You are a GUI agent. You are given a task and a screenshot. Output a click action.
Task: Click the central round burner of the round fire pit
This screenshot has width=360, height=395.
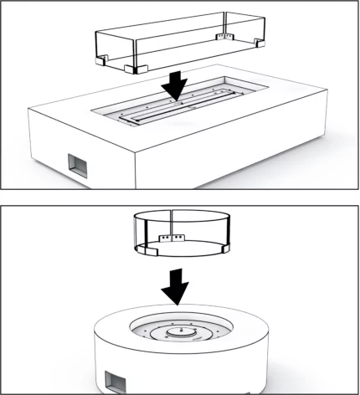(x=179, y=334)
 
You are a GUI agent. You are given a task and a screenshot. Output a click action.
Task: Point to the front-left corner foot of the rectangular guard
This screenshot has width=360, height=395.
(x=131, y=69)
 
